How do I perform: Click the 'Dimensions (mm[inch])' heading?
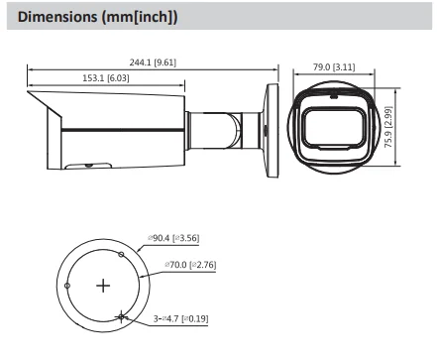97,17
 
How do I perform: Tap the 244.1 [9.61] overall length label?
153,62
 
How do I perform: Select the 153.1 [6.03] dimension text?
106,78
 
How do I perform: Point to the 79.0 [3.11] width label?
334,67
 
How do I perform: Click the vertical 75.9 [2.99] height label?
388,127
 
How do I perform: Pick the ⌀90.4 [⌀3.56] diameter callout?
173,238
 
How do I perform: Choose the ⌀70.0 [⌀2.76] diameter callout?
190,265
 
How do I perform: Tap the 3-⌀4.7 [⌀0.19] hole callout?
180,318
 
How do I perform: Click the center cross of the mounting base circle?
103,286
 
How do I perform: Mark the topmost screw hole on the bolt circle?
121,255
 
